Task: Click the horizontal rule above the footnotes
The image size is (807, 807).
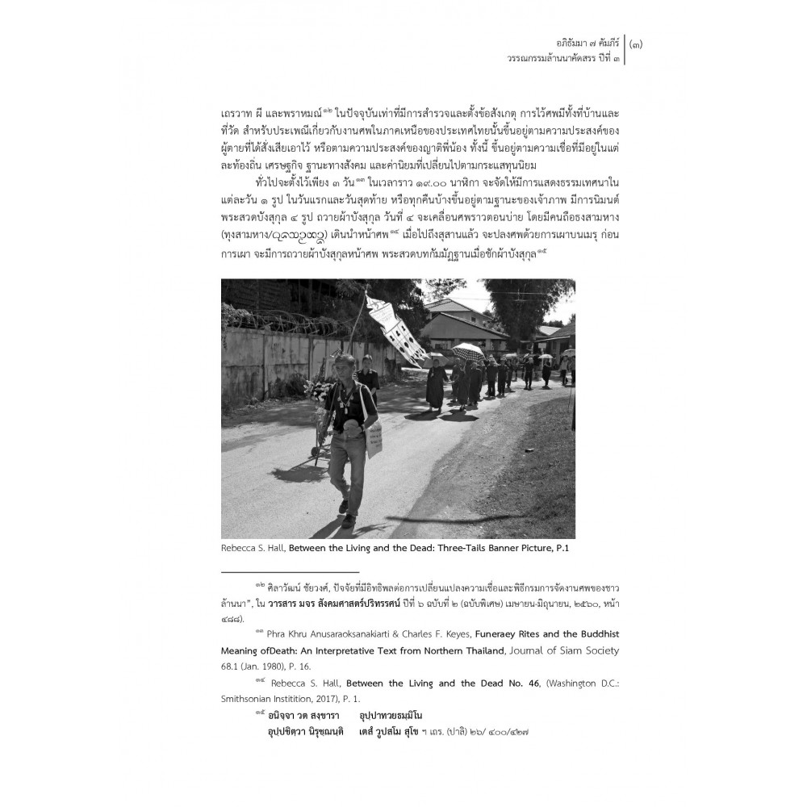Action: point(290,571)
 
